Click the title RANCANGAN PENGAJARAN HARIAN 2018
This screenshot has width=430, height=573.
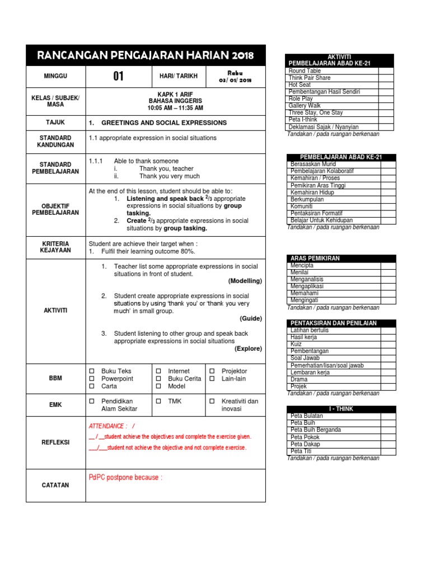[146, 55]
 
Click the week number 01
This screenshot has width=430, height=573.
[118, 77]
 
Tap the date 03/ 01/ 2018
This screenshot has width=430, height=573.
[235, 80]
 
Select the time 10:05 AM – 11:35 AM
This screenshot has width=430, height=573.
[175, 107]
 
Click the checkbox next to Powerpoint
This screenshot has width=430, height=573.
[92, 379]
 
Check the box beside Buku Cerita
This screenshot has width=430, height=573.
[158, 379]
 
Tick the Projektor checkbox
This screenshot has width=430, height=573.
[212, 371]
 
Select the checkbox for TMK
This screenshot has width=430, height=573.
[158, 402]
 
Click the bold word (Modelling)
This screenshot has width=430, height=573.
[245, 281]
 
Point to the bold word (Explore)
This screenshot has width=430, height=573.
[247, 349]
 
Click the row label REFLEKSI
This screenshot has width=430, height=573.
[55, 442]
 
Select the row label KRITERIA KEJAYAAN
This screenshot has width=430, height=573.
[55, 248]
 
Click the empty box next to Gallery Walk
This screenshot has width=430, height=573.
[386, 105]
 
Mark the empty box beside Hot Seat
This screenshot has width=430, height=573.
[386, 84]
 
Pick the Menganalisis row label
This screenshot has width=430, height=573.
[307, 279]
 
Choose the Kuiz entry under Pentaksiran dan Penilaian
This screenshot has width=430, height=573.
[297, 344]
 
